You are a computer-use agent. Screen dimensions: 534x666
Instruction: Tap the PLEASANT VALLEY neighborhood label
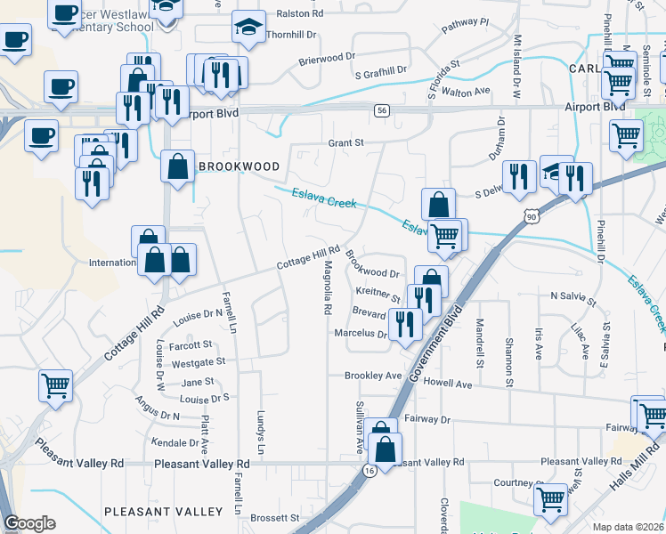point(163,512)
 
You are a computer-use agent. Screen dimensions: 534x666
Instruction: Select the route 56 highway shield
point(381,109)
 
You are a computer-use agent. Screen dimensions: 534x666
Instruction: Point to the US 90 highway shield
point(532,216)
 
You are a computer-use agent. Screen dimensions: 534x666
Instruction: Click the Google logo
point(29,522)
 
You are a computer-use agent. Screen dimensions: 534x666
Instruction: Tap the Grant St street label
point(347,142)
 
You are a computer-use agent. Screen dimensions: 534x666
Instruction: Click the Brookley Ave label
point(373,376)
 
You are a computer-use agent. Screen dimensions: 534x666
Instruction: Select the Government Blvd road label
point(438,344)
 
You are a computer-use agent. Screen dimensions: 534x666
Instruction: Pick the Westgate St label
point(198,363)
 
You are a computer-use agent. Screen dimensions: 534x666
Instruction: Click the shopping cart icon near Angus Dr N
point(55,385)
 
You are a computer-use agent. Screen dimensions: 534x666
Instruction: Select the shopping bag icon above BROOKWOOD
point(178,165)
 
